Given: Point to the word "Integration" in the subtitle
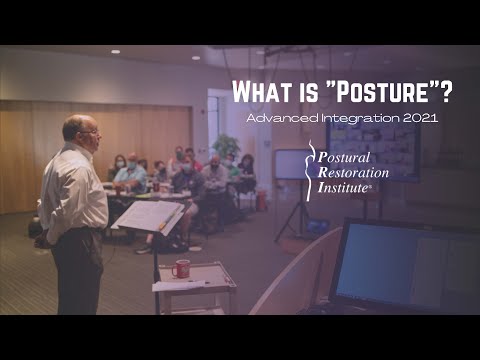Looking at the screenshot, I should click(x=354, y=118).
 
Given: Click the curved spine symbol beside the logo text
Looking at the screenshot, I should click(x=311, y=170).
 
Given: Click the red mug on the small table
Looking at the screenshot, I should click(x=181, y=268).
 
